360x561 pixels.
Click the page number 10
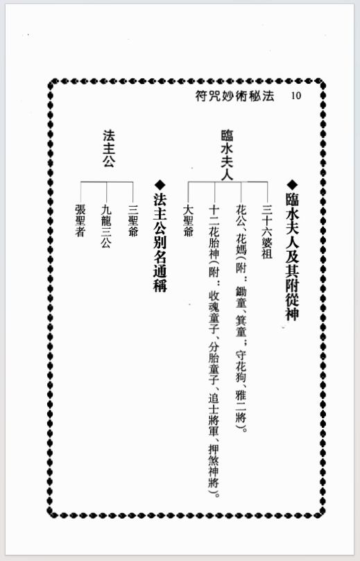click(296, 96)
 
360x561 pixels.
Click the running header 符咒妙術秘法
click(234, 96)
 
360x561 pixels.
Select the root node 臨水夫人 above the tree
click(228, 154)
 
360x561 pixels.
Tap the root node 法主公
click(109, 148)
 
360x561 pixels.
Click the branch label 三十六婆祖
click(267, 232)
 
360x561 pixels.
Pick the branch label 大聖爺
click(188, 221)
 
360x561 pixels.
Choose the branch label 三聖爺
click(133, 221)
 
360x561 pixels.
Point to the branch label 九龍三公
click(106, 227)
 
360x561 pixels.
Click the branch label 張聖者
click(80, 221)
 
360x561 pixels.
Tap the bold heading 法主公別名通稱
click(160, 243)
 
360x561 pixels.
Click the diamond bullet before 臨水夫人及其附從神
click(292, 184)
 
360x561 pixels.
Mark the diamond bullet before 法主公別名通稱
click(160, 185)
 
